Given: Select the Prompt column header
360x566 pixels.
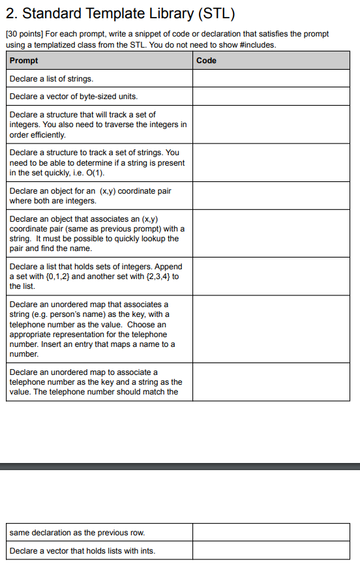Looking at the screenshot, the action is (x=24, y=61).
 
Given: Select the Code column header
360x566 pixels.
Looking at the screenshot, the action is (x=206, y=61).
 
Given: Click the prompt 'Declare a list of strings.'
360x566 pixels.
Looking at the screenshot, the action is (x=52, y=78).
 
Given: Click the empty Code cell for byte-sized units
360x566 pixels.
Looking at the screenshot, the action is (x=271, y=97).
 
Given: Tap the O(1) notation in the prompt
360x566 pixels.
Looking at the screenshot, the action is (x=95, y=173).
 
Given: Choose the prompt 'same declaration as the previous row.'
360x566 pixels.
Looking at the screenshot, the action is (x=77, y=533).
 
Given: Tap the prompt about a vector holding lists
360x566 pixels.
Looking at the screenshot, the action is (x=82, y=550).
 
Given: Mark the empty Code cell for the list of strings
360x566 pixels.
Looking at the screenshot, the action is (x=271, y=78).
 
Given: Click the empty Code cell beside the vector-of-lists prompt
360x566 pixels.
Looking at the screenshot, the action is (x=271, y=550).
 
